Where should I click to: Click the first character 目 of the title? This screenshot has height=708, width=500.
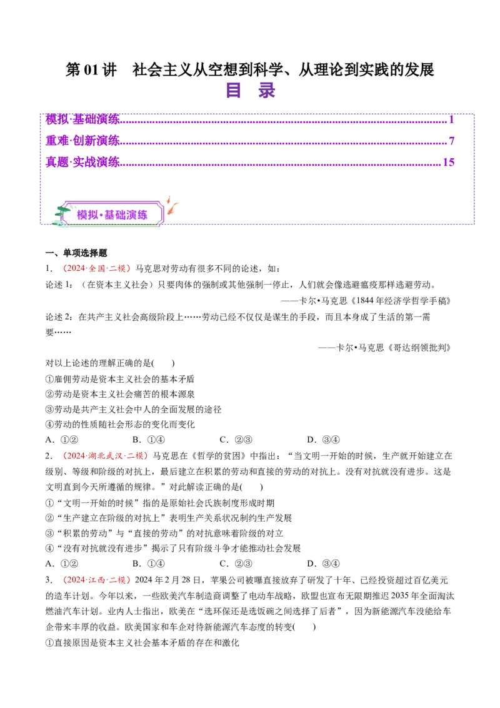click(234, 90)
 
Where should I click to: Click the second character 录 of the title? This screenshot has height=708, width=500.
click(267, 90)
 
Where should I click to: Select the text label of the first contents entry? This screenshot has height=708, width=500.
click(82, 118)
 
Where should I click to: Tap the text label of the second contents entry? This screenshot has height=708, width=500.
click(82, 139)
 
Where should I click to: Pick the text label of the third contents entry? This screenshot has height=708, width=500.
click(82, 162)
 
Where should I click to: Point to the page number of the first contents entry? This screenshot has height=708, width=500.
click(451, 118)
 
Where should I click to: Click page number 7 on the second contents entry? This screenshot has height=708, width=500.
click(451, 140)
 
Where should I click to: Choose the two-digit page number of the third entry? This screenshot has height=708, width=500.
click(448, 162)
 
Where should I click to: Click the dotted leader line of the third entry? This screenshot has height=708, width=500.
click(281, 164)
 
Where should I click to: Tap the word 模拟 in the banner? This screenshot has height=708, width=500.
click(87, 215)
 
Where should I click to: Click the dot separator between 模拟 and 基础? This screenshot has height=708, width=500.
click(101, 215)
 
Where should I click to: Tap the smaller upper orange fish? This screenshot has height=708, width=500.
click(169, 200)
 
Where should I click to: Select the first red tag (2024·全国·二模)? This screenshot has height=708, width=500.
click(97, 269)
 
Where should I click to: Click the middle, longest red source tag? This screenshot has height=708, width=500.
click(105, 456)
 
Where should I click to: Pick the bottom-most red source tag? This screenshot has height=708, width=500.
click(96, 580)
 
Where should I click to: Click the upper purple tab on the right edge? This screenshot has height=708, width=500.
click(487, 145)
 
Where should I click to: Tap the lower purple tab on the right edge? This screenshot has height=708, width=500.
click(487, 202)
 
